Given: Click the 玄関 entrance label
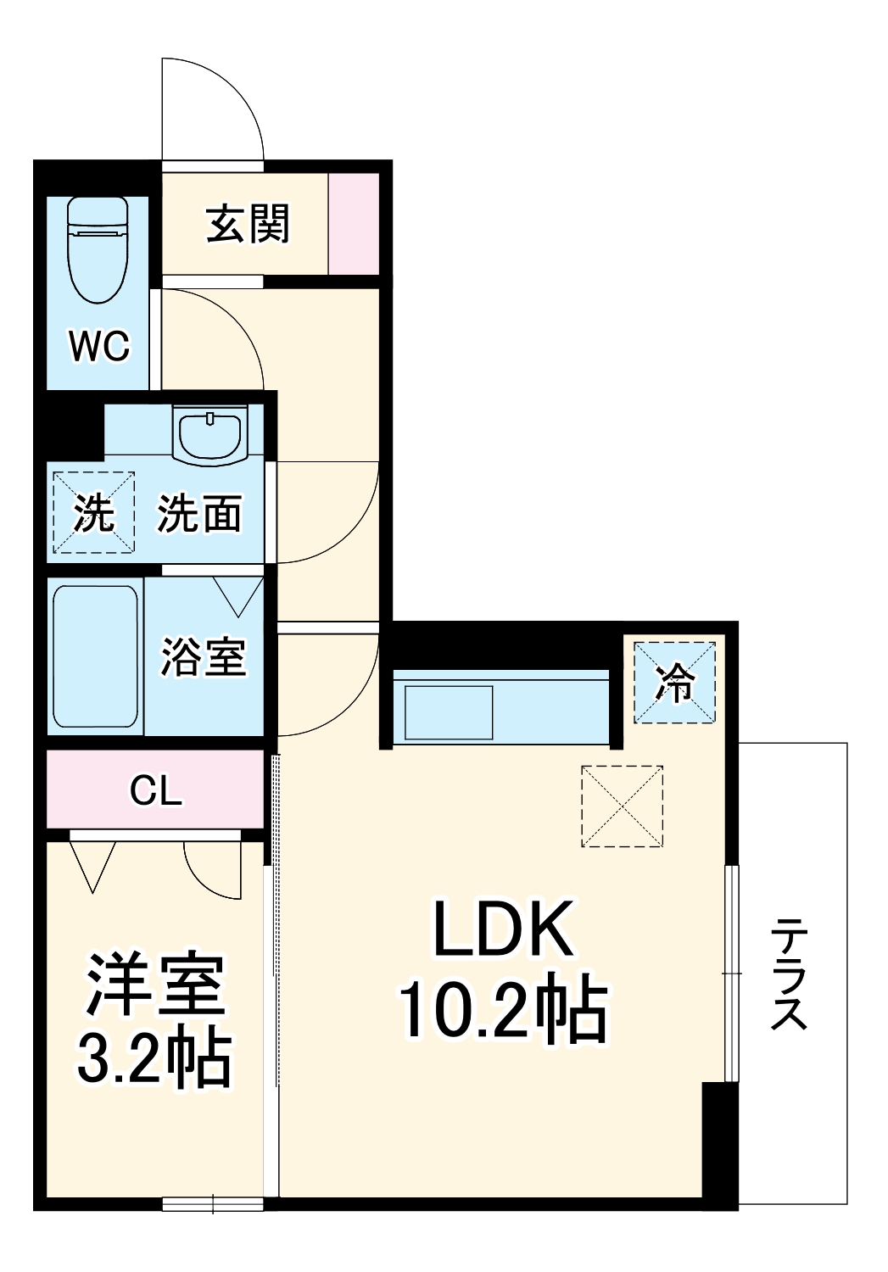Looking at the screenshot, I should point(248,225).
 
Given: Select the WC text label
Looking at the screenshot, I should point(99,346).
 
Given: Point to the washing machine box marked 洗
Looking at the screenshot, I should point(93,513).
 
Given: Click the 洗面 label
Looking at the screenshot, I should point(200,514).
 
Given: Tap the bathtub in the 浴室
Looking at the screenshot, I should point(95,656).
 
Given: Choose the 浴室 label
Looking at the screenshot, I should point(204,656).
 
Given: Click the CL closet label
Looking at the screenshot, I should point(155,790).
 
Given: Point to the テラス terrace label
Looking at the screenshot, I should point(789,974).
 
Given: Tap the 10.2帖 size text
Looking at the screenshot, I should point(502,1011).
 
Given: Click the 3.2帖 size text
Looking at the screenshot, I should point(154,1058).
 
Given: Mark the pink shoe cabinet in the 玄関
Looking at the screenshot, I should point(354,224).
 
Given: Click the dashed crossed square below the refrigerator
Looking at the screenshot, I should point(622,806).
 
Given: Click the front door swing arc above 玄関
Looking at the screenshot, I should point(229,102).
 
